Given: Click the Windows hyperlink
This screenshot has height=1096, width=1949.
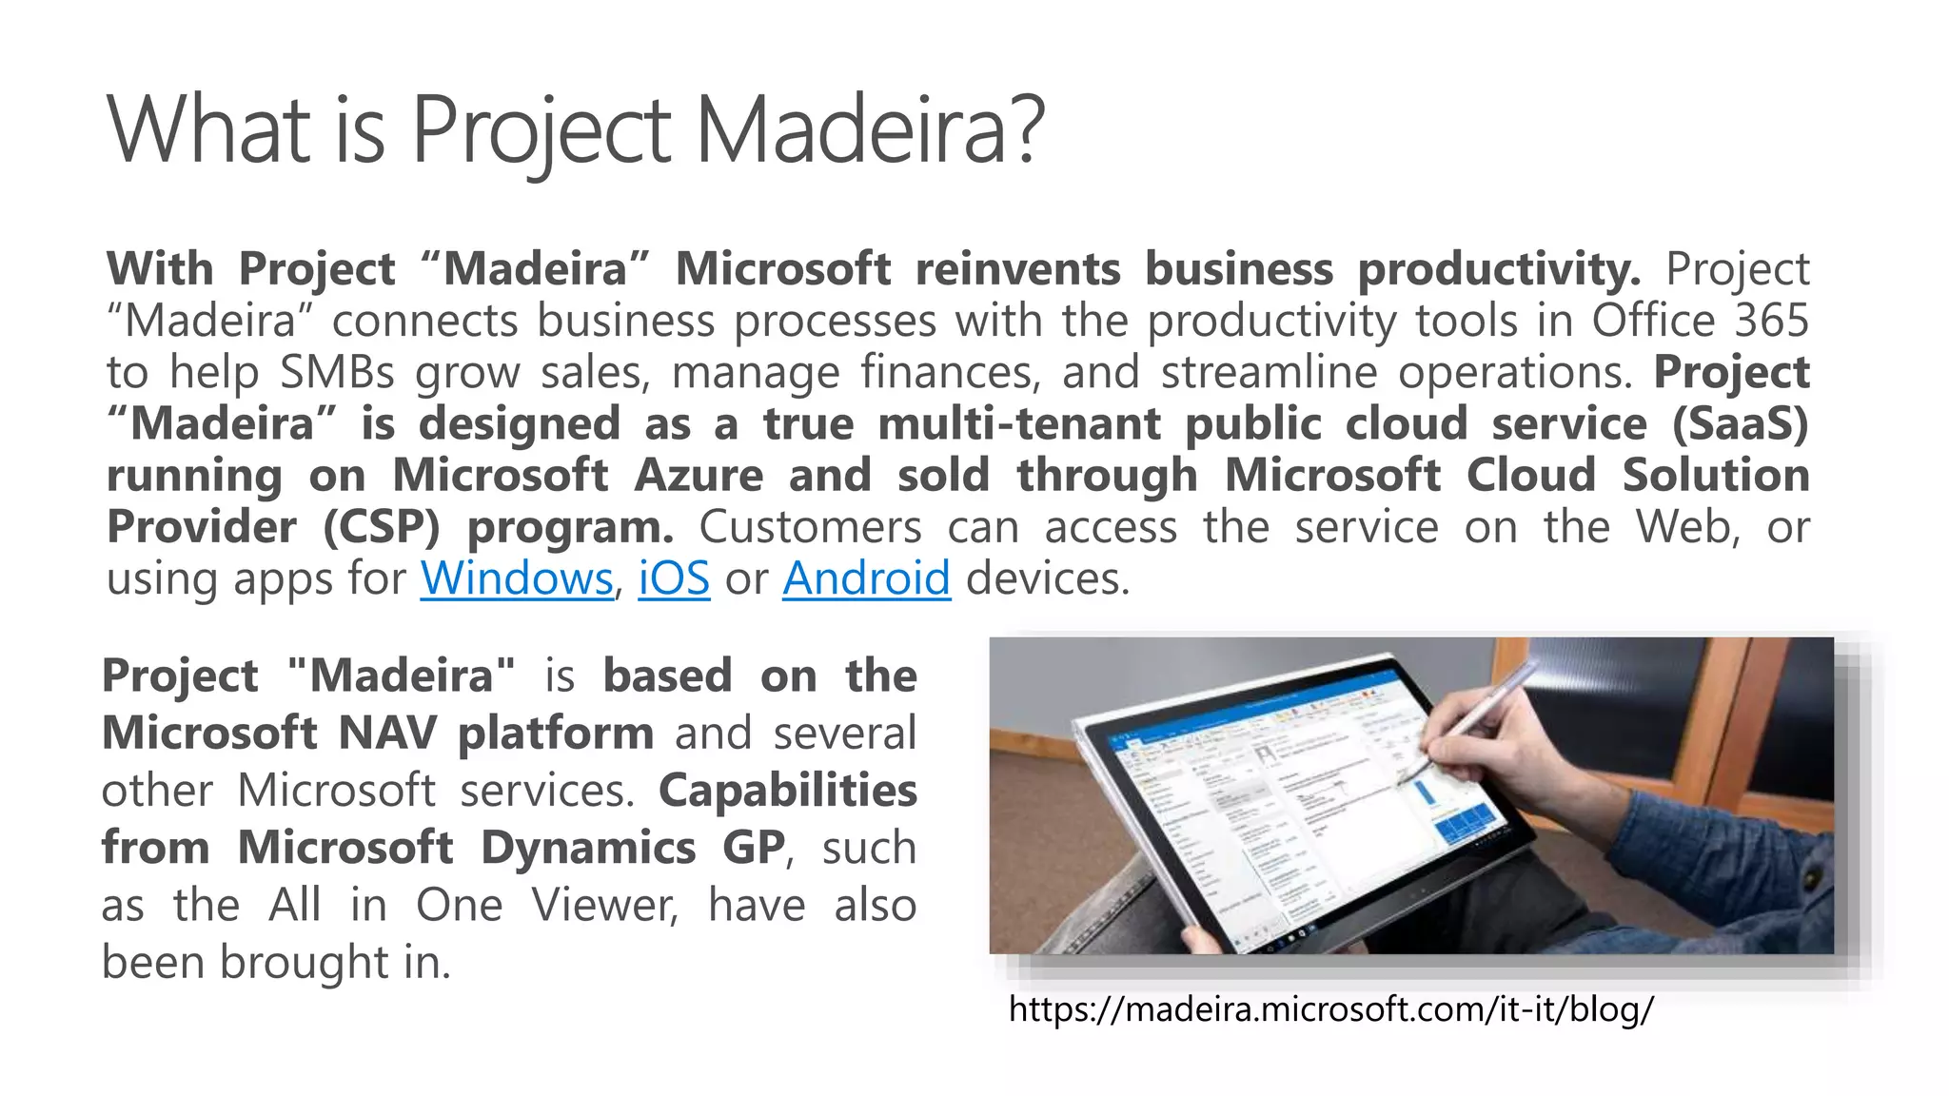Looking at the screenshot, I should click(x=516, y=578).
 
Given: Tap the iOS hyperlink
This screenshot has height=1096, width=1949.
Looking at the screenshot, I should click(x=673, y=578).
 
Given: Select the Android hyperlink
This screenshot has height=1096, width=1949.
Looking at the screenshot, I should click(x=866, y=578).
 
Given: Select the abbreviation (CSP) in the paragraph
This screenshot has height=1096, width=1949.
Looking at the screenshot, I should click(x=381, y=527).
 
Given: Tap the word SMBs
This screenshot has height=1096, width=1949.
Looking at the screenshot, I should click(x=337, y=372).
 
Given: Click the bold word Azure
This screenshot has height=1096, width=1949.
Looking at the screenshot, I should click(x=699, y=476).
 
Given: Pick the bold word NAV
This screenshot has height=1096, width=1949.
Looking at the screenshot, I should click(x=386, y=734).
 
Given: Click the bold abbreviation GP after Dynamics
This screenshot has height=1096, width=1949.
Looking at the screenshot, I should click(x=754, y=848).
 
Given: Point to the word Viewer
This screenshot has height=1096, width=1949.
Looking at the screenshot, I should click(x=604, y=905).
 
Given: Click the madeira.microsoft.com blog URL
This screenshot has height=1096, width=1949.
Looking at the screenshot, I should click(x=1330, y=1008).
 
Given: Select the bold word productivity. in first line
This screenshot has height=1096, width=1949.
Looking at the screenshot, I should click(x=1499, y=269).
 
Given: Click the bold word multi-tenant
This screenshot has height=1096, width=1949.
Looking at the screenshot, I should click(x=1018, y=424).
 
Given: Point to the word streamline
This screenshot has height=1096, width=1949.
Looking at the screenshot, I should click(x=1268, y=372).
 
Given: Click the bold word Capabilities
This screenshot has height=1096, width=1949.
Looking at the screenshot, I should click(x=787, y=791).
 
